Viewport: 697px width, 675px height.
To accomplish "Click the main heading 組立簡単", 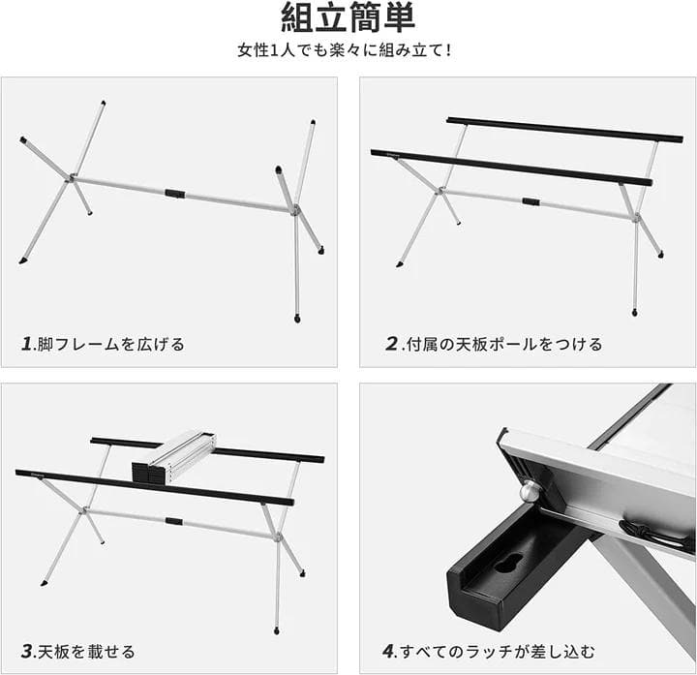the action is tap(348, 17).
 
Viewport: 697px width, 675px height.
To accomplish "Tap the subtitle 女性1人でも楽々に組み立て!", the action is tap(345, 49).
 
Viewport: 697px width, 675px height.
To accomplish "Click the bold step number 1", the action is tap(27, 344).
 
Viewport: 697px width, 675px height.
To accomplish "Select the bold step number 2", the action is tap(392, 344).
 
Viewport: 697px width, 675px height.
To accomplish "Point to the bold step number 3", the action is tap(27, 652).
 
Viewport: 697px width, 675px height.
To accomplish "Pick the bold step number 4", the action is tap(388, 652).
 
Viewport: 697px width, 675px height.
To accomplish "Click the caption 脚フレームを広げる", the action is tap(110, 344).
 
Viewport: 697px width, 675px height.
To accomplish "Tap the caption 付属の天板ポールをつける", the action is tap(504, 344).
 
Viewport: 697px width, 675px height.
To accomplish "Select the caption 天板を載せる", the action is tap(86, 652).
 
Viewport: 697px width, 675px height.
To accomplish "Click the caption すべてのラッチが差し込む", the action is tap(498, 652).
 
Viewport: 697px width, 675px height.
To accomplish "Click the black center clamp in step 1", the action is tap(175, 194).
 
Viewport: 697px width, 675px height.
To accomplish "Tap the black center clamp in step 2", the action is tap(530, 201).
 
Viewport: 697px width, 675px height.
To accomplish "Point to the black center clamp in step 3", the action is tap(174, 521).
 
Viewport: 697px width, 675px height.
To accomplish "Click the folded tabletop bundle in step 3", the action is tap(174, 458).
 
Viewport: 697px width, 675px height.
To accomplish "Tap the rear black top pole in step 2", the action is tap(564, 130).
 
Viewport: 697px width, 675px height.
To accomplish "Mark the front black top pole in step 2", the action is tap(511, 168).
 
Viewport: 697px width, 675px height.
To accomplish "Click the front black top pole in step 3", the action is tap(155, 488).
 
